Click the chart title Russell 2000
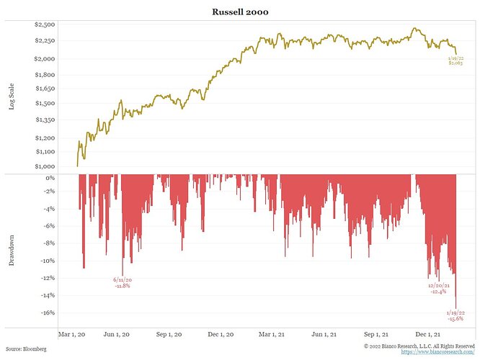pos(240,12)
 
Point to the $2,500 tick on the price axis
pos(45,24)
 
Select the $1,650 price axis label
pos(45,89)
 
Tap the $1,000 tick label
pos(45,166)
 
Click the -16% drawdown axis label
pos(48,312)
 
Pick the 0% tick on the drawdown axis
pos(50,178)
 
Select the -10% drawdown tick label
pos(48,261)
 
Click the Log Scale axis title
pos(12,96)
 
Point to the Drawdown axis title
pos(12,250)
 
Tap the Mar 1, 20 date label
pos(71,334)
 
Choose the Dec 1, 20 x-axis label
pos(221,334)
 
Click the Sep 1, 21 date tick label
pos(376,334)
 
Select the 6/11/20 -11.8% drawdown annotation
pos(123,283)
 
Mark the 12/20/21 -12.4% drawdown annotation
pos(439,289)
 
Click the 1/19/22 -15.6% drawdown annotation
pos(455,315)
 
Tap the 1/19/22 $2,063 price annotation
pos(455,60)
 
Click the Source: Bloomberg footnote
pos(26,348)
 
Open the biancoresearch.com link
pos(437,352)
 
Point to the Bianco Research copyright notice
pos(419,346)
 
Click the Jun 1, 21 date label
pos(324,334)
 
